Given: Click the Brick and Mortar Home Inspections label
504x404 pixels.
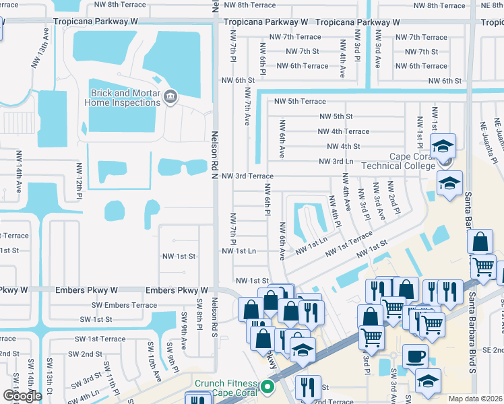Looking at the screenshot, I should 122,98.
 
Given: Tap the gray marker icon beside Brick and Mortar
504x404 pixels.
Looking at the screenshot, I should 170,98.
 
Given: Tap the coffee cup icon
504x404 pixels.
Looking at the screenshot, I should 415,356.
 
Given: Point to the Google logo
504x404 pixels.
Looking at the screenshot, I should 22,396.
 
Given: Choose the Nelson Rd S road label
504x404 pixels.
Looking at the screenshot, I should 214,317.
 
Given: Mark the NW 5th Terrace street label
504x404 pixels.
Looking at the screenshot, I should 299,102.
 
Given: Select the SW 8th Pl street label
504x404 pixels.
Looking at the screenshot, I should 199,315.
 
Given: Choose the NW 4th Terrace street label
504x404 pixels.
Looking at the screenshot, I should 343,131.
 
